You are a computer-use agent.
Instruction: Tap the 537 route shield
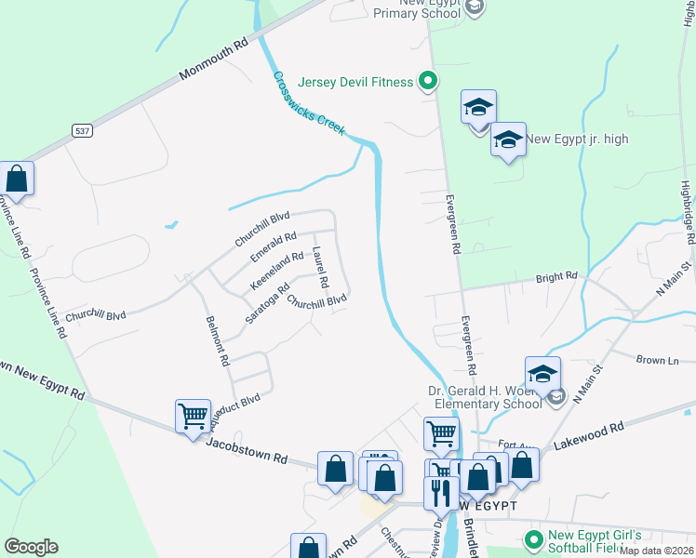click(x=83, y=131)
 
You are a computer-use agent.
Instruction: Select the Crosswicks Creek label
click(x=309, y=103)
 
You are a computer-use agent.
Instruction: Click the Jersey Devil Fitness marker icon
click(x=428, y=82)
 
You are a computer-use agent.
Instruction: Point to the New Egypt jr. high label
click(x=577, y=139)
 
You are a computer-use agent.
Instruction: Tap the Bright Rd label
click(x=557, y=277)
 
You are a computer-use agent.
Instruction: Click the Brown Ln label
click(x=657, y=360)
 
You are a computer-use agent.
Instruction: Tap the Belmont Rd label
click(x=217, y=340)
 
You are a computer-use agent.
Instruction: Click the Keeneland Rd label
click(x=276, y=267)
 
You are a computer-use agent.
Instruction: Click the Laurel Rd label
click(x=320, y=267)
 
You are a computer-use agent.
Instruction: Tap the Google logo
click(x=31, y=547)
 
